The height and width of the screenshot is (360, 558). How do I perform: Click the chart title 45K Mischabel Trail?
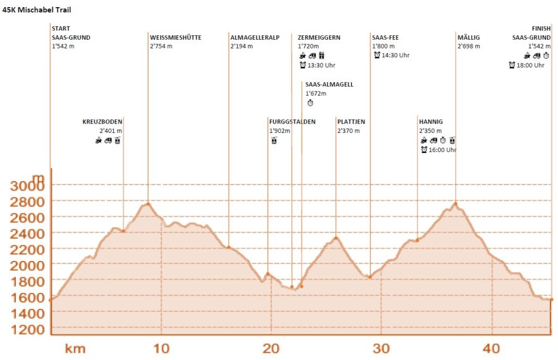point(37,10)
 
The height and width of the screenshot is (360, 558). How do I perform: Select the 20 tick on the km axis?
point(271,348)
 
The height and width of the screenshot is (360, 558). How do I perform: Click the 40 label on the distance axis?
point(492,348)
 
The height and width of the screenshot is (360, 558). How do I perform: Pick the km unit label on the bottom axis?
point(75,348)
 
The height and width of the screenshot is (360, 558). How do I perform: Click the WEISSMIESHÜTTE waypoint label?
point(175,38)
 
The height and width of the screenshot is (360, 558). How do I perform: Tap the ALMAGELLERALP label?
point(255,38)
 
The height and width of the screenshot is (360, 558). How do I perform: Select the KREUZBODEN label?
point(102,121)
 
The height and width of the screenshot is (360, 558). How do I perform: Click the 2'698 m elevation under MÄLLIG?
point(469,46)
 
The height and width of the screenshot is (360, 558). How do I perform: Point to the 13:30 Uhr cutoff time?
point(322,65)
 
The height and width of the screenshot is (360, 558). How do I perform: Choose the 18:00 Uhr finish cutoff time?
point(531,65)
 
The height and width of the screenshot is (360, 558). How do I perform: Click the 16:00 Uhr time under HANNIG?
point(442,150)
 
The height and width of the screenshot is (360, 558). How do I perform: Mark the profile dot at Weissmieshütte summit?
point(148,204)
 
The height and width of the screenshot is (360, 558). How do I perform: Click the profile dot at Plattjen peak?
point(336,238)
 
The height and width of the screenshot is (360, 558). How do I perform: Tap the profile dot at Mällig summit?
point(456,204)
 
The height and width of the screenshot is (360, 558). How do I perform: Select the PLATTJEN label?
point(351,121)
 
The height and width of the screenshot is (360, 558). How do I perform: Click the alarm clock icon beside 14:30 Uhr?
point(377,55)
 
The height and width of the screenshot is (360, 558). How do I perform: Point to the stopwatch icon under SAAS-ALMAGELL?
point(310,103)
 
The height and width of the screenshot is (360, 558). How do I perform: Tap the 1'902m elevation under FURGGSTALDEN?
point(280,131)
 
